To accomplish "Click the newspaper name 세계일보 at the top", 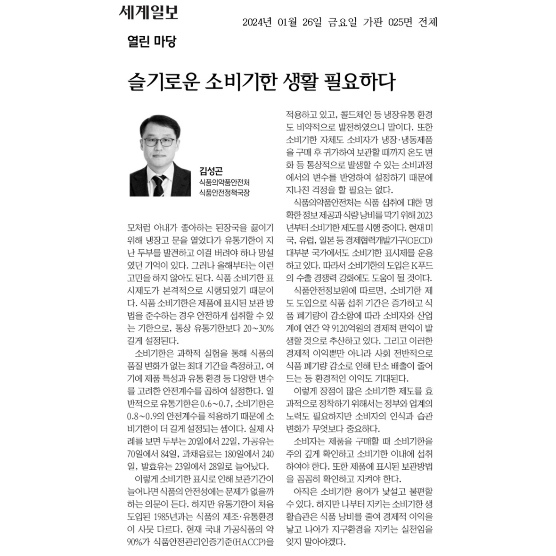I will tap(148, 12).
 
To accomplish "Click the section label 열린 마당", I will tap(151, 42).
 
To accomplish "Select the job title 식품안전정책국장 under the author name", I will tap(223, 192).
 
